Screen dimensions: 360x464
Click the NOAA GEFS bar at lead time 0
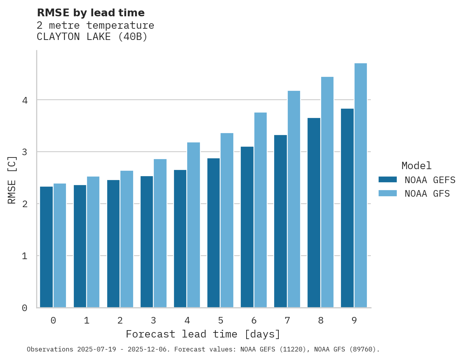(46, 247)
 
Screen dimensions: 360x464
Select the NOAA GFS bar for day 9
(361, 185)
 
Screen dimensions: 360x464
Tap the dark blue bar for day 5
(214, 233)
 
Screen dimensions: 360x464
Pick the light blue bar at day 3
(160, 233)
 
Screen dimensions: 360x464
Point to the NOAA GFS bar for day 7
(294, 199)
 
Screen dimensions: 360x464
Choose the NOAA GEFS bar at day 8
(314, 213)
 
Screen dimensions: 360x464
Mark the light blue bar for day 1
(93, 242)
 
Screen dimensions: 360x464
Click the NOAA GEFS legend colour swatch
(388, 180)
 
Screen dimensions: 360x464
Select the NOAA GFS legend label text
(427, 194)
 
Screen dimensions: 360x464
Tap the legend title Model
(417, 166)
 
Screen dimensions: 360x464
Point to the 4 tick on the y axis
(25, 100)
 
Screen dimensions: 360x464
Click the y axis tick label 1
(25, 256)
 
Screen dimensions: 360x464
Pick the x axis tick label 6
(254, 320)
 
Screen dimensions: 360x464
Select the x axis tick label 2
(120, 320)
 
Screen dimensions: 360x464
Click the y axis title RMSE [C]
(12, 180)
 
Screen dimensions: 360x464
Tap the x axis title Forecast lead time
(203, 334)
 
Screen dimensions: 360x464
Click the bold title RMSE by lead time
(90, 13)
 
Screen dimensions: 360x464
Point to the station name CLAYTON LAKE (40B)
(92, 37)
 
